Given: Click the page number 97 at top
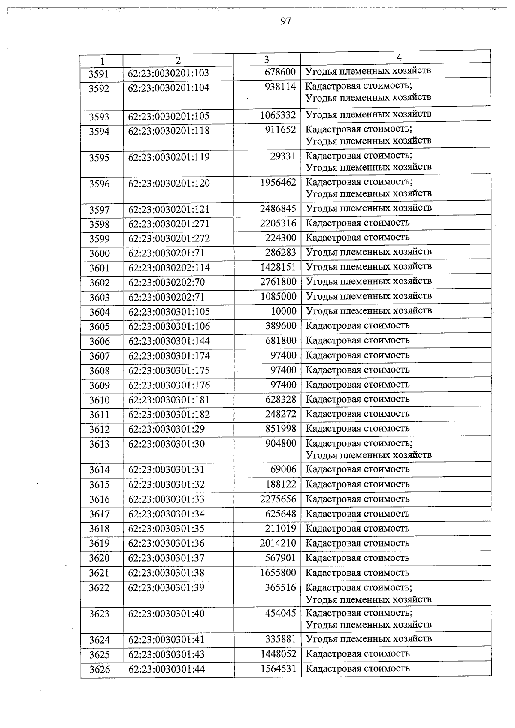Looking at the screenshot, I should (x=286, y=21).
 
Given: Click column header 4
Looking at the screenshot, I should (x=399, y=57).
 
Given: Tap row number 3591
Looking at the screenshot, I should (x=99, y=74).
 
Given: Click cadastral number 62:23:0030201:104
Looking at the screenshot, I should (x=169, y=88).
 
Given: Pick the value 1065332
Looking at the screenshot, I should (x=278, y=116).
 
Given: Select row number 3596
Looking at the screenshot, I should (x=99, y=184).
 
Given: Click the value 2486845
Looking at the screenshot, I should (x=278, y=209).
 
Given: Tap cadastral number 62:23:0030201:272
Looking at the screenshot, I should (x=169, y=238).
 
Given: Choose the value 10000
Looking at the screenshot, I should (x=283, y=311).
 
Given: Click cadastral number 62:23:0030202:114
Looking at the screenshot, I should (x=169, y=268).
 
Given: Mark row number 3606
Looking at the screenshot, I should (x=100, y=341).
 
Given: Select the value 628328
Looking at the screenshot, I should (x=281, y=400).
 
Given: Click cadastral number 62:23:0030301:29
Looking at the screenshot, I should (x=167, y=429).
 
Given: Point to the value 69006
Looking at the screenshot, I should (x=283, y=469).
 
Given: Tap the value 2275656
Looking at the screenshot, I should (x=278, y=499).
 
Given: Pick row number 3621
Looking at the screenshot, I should (x=99, y=573).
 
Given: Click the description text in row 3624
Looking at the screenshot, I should (x=369, y=639).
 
